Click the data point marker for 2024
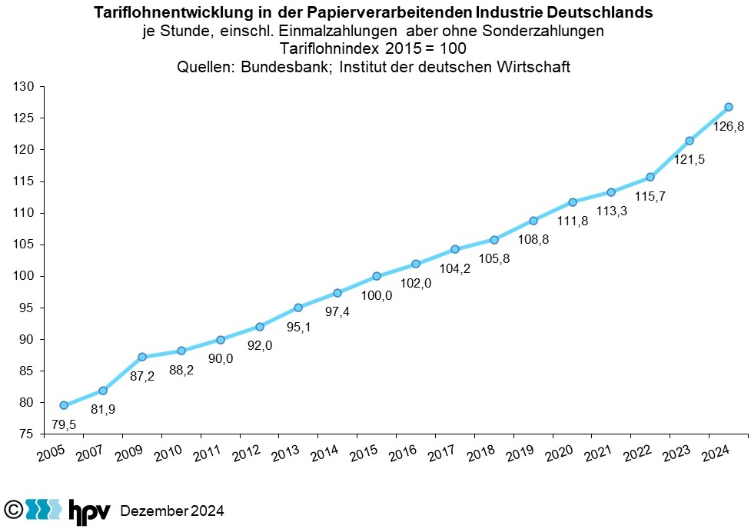click(728, 107)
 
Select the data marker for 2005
click(64, 405)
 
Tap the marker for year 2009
click(142, 357)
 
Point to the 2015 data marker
click(377, 276)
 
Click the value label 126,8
click(729, 127)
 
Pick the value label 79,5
click(65, 424)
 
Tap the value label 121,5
click(690, 160)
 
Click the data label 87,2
click(142, 377)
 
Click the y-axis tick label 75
click(28, 434)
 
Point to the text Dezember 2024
click(173, 511)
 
